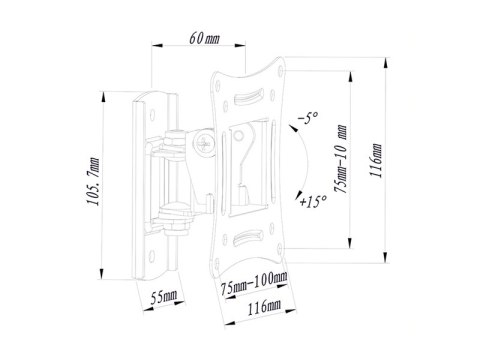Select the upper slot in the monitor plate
point(247,101)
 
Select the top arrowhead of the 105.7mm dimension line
point(105,97)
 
